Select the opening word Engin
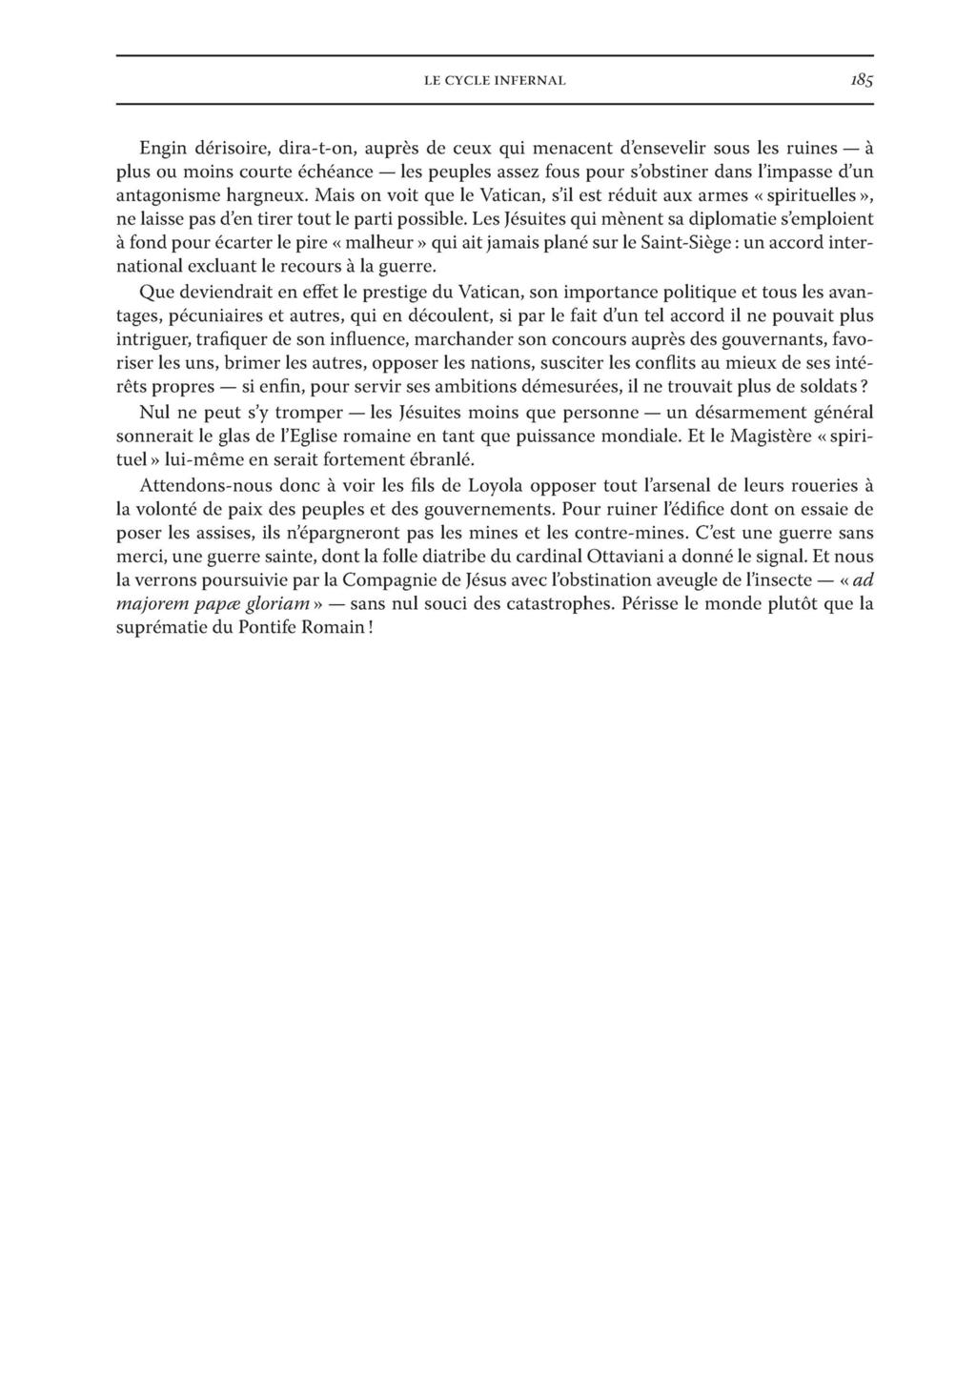click(x=163, y=149)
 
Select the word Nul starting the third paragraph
click(x=154, y=415)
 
